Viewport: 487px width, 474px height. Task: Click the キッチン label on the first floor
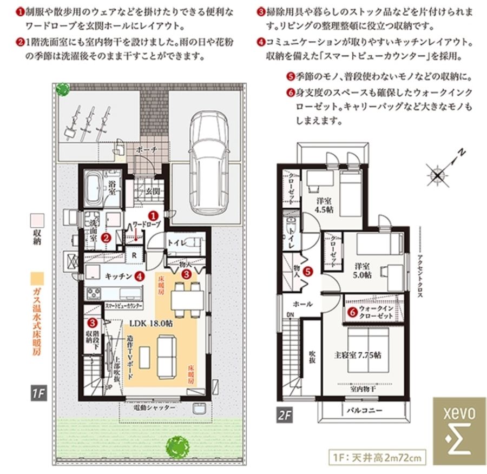119,276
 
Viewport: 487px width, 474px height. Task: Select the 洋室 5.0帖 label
363,270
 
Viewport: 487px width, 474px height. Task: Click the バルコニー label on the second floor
364,411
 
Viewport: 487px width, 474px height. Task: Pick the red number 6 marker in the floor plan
352,312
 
